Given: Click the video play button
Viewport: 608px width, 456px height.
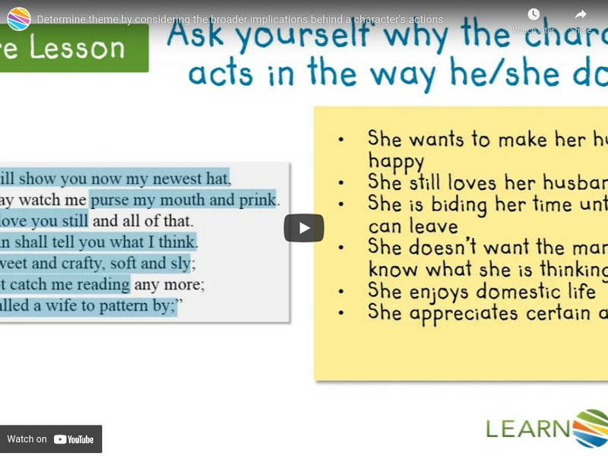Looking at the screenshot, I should (x=304, y=228).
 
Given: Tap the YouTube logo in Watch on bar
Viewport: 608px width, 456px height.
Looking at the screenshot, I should (x=74, y=439).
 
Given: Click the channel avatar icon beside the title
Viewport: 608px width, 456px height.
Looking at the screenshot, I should (x=18, y=18).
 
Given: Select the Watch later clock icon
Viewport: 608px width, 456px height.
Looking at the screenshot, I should (x=534, y=15).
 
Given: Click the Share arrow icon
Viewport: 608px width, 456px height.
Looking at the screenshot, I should (x=581, y=15).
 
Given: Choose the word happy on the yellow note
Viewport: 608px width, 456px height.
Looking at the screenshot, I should (x=396, y=161).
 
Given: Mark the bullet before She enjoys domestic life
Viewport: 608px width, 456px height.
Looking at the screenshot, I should (x=342, y=292).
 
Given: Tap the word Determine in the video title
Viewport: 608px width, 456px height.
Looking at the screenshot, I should (x=66, y=19).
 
